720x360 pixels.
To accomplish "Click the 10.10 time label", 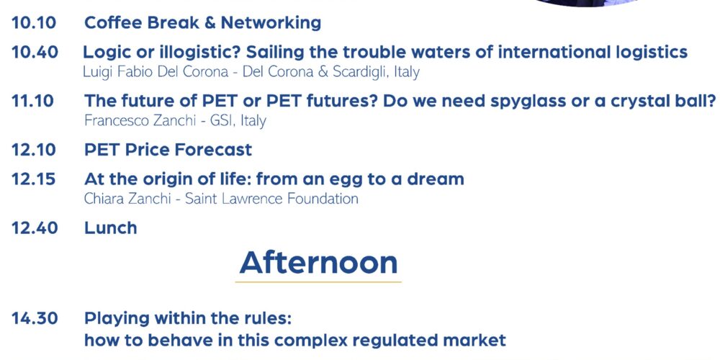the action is [34, 22].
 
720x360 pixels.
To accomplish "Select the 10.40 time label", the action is [35, 53].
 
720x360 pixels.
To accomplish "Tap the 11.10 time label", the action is [32, 101].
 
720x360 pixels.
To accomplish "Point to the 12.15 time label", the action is [34, 179].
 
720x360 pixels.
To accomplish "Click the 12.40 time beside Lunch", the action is [35, 228].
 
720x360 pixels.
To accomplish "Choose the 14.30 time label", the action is [35, 318].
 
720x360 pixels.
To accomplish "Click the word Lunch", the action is [111, 228].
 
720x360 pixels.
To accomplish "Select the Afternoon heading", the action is [318, 262].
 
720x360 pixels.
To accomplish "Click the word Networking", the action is [271, 23].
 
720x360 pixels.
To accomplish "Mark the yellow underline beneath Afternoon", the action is [318, 282].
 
